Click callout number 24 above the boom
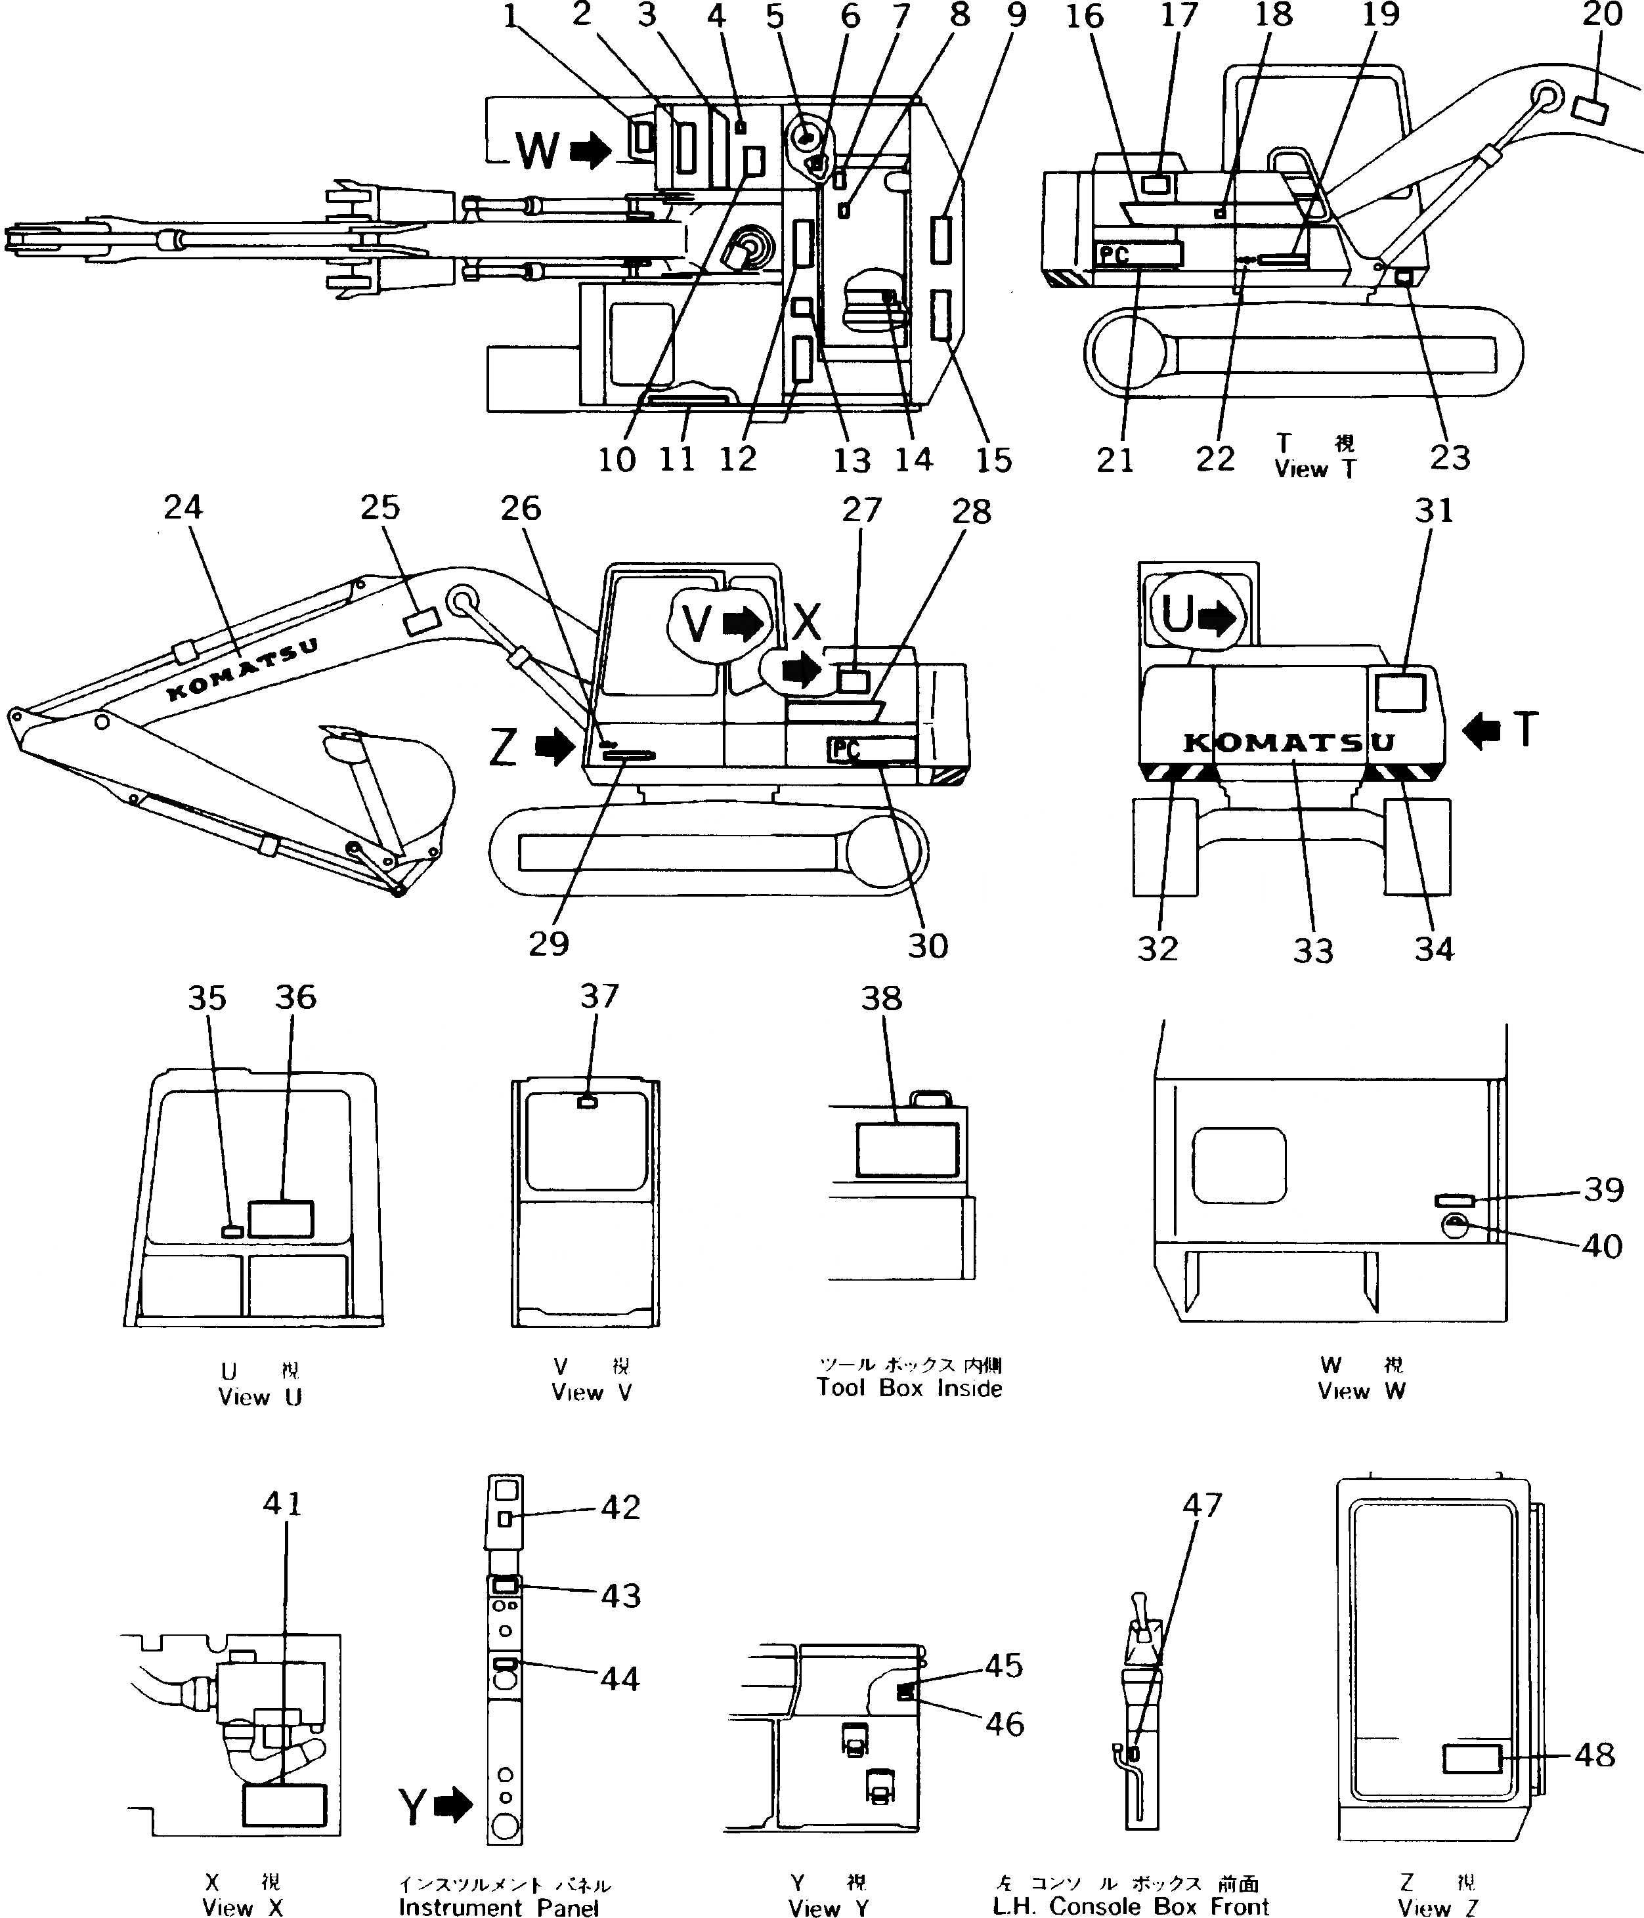pos(183,507)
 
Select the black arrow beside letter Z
pos(555,746)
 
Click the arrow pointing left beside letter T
pos(1481,731)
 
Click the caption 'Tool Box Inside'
pos(909,1388)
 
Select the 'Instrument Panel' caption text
pos(499,1907)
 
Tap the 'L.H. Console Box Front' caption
pos(1131,1906)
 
